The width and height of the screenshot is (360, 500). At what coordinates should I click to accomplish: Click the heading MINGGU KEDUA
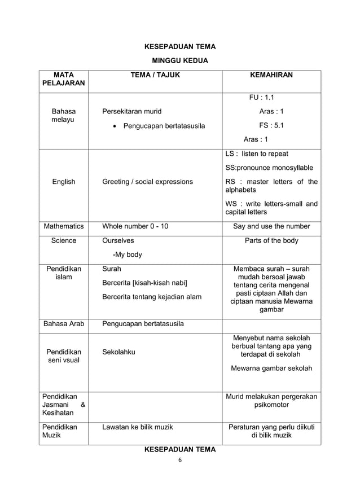tap(180, 60)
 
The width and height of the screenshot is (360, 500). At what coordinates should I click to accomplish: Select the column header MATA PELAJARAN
tap(63, 79)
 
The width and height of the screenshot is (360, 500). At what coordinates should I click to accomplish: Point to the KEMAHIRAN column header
tap(271, 74)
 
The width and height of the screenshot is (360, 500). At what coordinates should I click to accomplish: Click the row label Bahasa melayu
tap(63, 116)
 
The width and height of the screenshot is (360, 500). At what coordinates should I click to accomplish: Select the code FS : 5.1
tap(271, 125)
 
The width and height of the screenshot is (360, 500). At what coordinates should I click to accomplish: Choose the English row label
tap(63, 182)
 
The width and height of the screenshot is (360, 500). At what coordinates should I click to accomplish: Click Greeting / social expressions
tap(147, 182)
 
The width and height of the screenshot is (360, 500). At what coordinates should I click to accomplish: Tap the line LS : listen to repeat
tap(257, 153)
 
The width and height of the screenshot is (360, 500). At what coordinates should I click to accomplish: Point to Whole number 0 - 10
tap(135, 226)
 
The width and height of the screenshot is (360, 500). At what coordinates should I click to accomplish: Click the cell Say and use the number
tap(271, 226)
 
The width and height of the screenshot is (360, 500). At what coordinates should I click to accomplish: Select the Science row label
tap(63, 240)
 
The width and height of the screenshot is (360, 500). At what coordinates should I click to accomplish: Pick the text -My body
tap(128, 255)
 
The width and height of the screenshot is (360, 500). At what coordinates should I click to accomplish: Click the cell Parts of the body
tap(271, 240)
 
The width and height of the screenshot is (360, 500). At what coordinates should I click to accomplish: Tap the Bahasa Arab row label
tap(63, 324)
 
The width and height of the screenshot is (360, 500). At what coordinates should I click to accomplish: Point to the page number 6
tap(179, 459)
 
